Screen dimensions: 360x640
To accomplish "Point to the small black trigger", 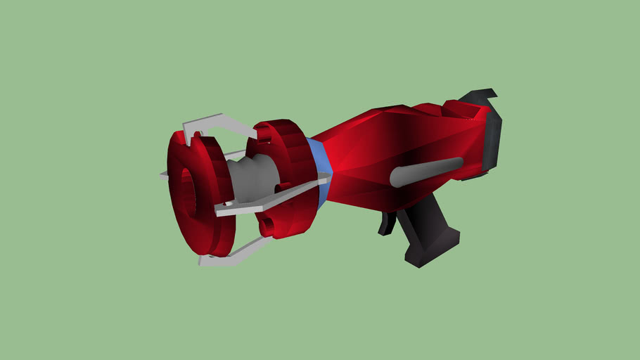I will coord(386,224).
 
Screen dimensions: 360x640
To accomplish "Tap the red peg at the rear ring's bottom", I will coord(268,226).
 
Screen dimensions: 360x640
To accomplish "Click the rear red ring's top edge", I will coord(278,127).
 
